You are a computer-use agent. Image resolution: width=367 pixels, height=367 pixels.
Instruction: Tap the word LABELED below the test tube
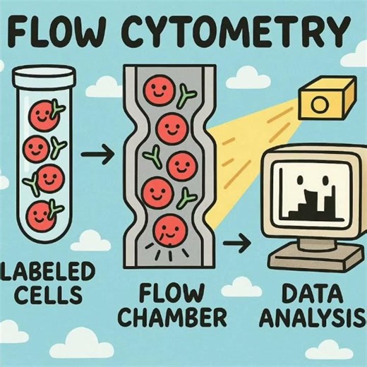(44, 272)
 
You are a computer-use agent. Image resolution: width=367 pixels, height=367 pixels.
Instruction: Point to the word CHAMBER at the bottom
(169, 315)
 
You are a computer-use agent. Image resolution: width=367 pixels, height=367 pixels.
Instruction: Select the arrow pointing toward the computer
(241, 243)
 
